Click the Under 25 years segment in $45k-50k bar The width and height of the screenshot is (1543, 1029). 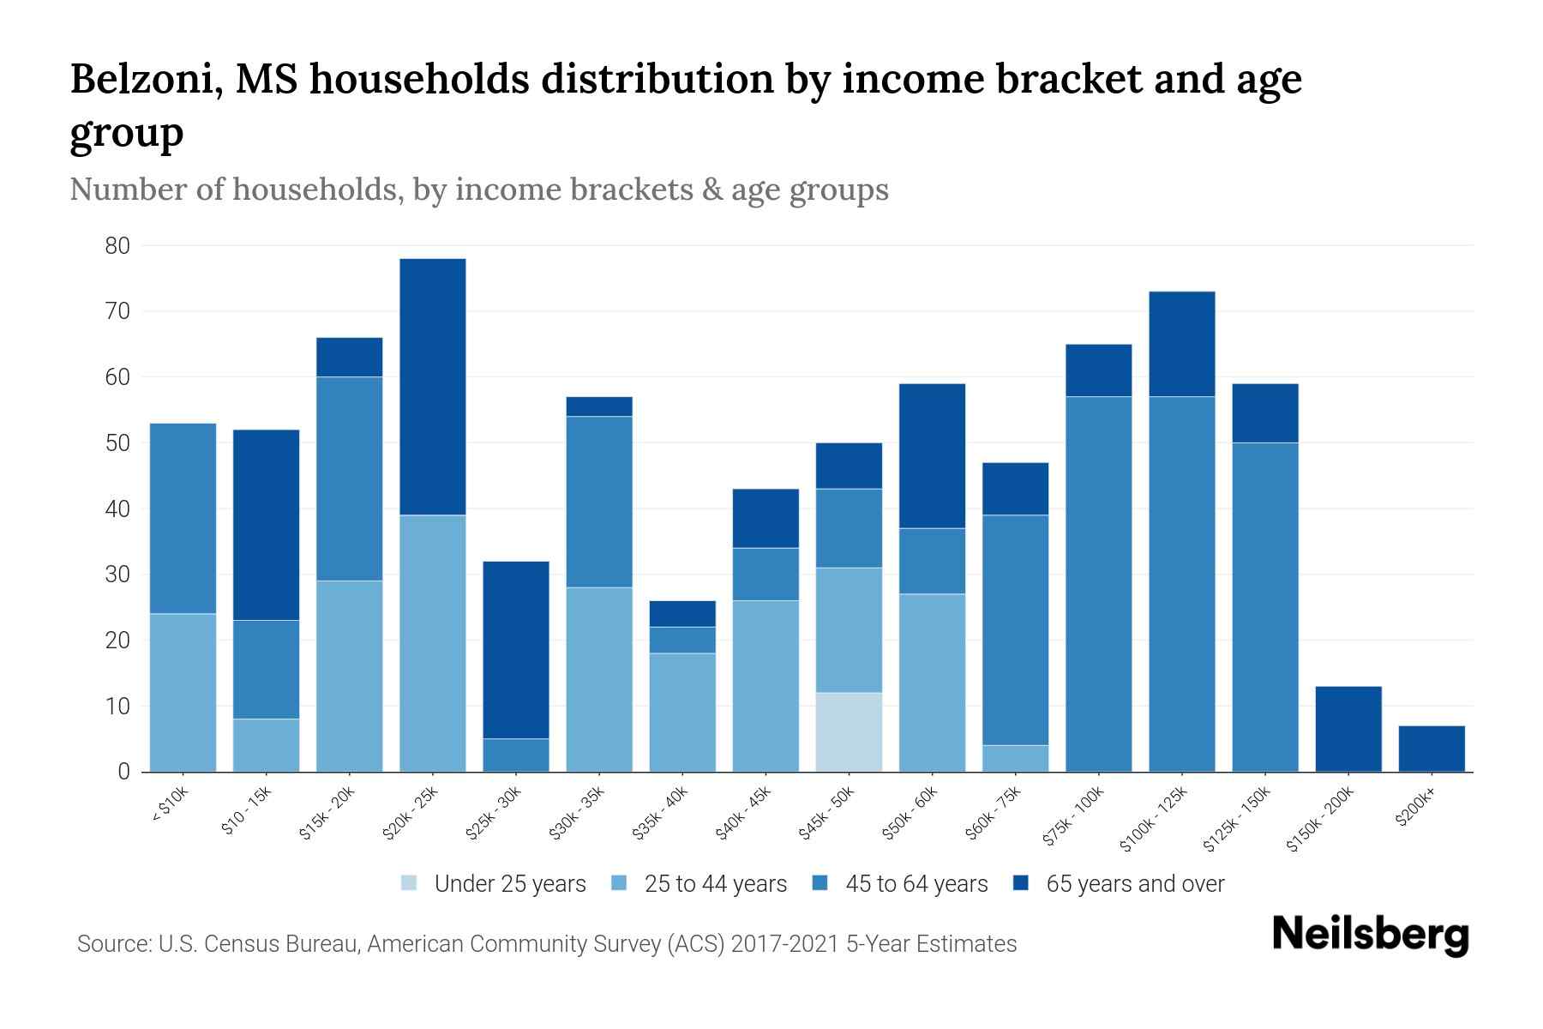(x=849, y=731)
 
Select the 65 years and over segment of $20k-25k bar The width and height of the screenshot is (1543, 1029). (x=433, y=386)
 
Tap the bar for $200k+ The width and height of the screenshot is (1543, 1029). (x=1431, y=749)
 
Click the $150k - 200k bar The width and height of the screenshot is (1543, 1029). (x=1348, y=729)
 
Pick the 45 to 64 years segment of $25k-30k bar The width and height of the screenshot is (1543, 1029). (x=516, y=755)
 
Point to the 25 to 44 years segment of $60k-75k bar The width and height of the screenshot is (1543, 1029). (x=1015, y=758)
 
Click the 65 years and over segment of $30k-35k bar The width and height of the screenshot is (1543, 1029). (x=599, y=406)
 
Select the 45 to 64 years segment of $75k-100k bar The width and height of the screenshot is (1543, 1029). (x=1098, y=583)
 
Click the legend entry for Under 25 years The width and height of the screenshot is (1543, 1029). (x=494, y=884)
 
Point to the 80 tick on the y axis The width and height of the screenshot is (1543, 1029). (x=117, y=246)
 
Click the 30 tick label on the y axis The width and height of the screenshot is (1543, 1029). (x=117, y=575)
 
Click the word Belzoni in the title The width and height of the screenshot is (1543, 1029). (x=141, y=79)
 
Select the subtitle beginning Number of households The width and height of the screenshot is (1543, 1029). (x=478, y=189)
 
